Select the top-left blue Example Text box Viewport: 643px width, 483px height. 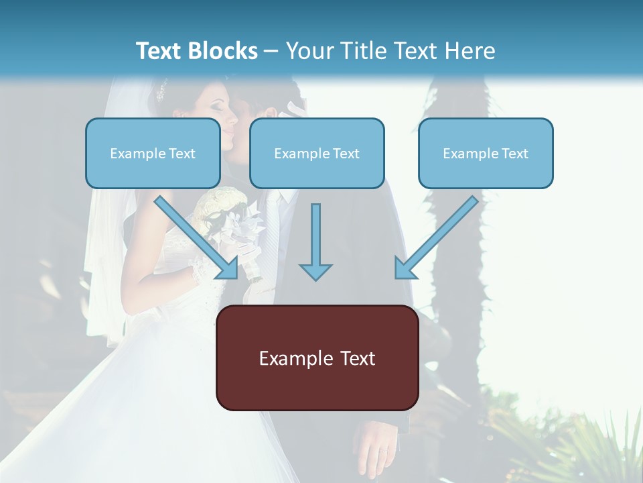coord(153,153)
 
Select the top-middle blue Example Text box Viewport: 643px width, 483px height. coord(317,153)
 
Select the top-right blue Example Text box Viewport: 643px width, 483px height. coord(486,153)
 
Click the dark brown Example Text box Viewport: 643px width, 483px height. coord(317,358)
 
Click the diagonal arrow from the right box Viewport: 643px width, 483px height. coord(438,238)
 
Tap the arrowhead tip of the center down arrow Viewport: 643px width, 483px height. coord(315,278)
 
